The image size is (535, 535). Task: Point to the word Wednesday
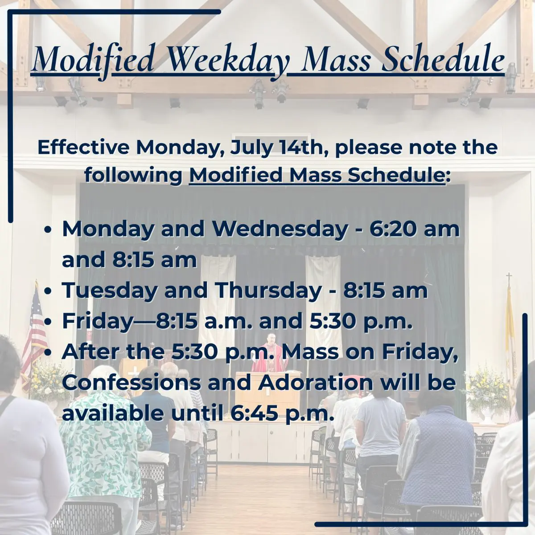point(280,230)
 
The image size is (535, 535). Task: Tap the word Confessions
point(132,382)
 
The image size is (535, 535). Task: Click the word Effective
point(83,148)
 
